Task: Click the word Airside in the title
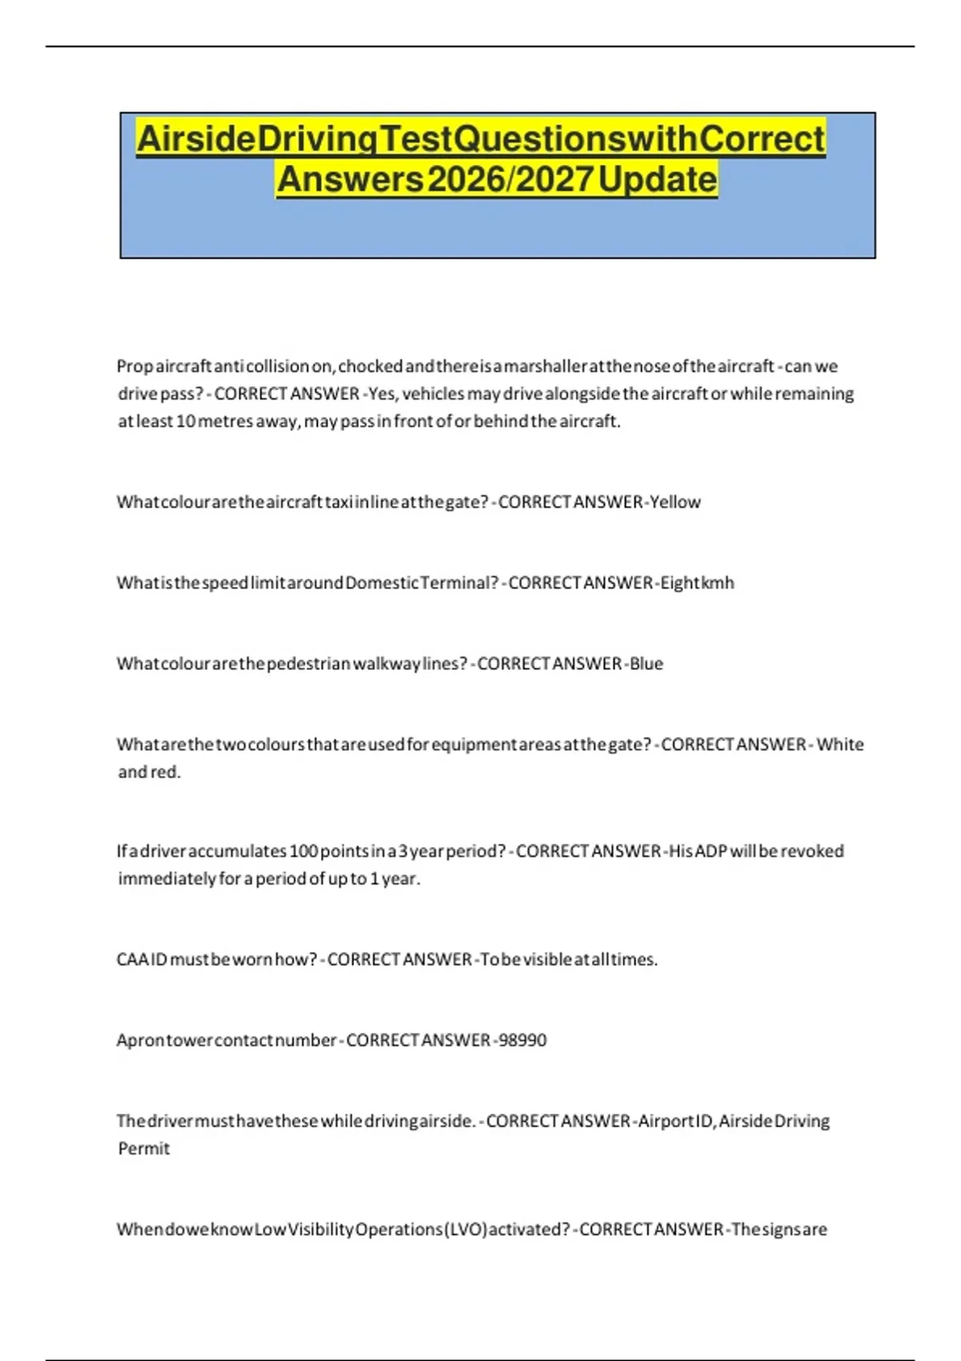pos(195,139)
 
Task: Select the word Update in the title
pos(657,179)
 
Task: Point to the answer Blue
pos(646,664)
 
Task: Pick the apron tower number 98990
pos(522,1040)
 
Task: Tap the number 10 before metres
pos(185,421)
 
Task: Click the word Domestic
pos(381,583)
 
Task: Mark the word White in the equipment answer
pos(840,745)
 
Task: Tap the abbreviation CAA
pos(132,959)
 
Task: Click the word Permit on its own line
pos(144,1149)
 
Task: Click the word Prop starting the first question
pos(134,367)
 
